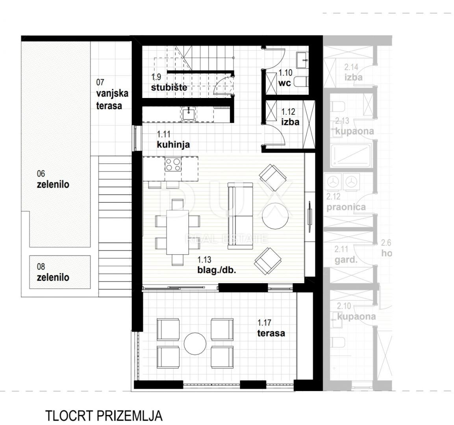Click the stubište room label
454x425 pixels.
(x=169, y=87)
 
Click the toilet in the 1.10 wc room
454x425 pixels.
(x=301, y=82)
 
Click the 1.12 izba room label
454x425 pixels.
(x=290, y=122)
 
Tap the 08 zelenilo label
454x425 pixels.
(x=53, y=277)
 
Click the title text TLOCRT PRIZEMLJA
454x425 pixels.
(x=104, y=416)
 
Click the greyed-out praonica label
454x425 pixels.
(x=346, y=207)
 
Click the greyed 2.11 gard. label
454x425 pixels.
(x=346, y=259)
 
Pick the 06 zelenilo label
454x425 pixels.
(x=53, y=184)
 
